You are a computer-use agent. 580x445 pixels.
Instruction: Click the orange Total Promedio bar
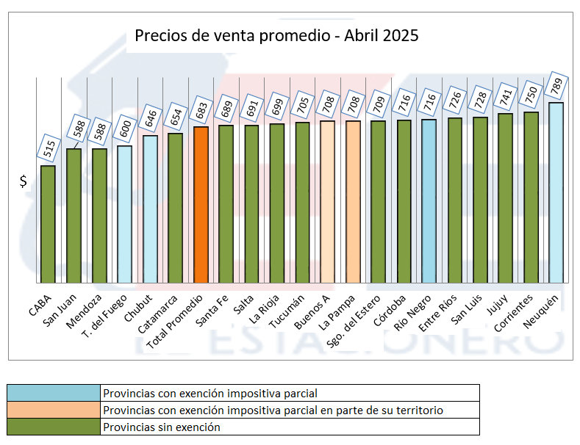pos(201,205)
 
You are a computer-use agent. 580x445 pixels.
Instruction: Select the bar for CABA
pos(48,224)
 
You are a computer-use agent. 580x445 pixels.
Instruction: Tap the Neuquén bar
pos(556,192)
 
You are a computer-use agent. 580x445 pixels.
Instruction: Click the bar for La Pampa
pos(353,202)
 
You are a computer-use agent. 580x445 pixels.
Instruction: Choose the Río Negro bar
pos(429,201)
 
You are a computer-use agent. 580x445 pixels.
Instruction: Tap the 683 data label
pos(201,110)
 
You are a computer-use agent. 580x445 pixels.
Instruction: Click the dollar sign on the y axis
pos(24,181)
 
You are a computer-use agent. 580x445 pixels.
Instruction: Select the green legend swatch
pos(53,427)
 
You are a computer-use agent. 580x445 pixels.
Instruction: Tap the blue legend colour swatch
pos(53,393)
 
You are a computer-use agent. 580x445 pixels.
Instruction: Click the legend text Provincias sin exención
pos(162,427)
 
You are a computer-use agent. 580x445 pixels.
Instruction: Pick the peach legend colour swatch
pos(53,410)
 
